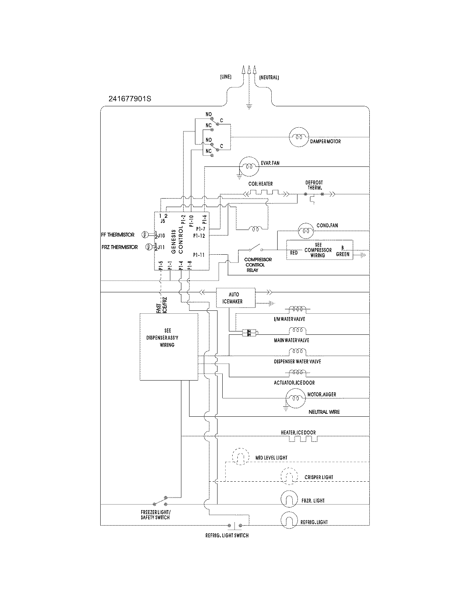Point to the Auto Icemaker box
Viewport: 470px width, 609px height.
coord(235,298)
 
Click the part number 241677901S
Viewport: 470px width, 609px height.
coord(130,99)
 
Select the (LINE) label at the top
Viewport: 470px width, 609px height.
coord(226,77)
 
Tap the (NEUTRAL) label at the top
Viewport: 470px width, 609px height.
coord(269,78)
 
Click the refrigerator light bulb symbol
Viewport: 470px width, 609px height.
coord(289,520)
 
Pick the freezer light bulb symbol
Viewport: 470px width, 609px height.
coord(289,499)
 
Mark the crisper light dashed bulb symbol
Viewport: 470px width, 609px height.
coord(289,476)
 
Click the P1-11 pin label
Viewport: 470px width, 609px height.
coord(199,255)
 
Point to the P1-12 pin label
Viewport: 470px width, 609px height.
coord(199,235)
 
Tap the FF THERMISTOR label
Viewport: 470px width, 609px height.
coord(118,235)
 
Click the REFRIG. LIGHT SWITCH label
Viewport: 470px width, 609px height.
coord(227,536)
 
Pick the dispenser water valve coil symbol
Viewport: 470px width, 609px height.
coord(297,351)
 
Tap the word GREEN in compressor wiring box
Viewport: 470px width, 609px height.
coord(342,254)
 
